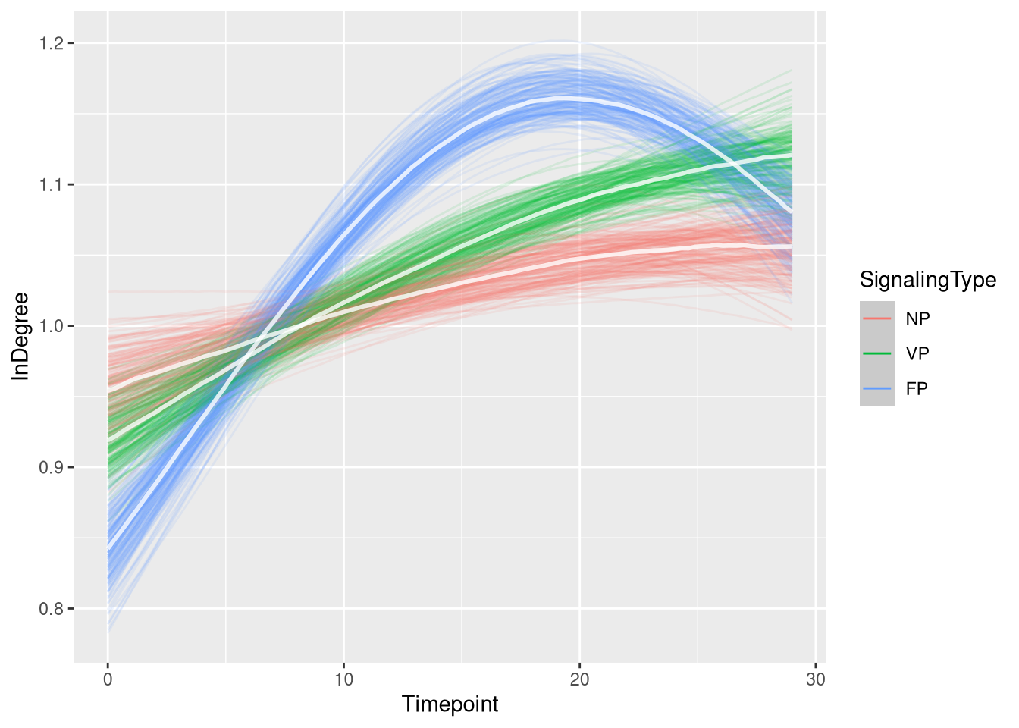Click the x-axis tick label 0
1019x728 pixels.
point(108,679)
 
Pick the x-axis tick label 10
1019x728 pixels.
point(343,679)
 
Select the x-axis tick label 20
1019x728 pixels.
point(579,679)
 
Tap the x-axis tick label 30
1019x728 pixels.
point(815,679)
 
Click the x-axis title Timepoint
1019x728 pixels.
point(450,704)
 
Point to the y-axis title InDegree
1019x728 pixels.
point(20,336)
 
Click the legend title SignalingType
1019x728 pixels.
point(927,281)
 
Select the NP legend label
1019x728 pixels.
point(917,319)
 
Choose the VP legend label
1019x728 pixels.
point(917,354)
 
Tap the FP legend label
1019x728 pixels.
point(917,389)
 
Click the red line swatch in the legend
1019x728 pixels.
point(876,318)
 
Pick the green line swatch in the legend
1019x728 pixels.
point(876,353)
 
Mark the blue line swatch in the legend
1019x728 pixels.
point(876,388)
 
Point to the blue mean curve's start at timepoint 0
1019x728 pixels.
point(108,550)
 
